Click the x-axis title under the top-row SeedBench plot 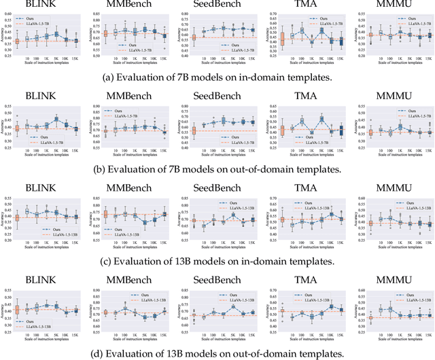pyautogui.click(x=223, y=65)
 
